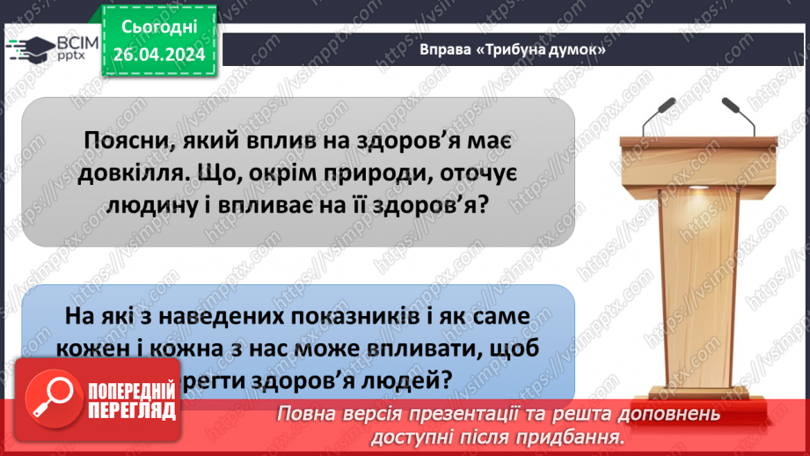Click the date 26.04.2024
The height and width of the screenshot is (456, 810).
pos(157,54)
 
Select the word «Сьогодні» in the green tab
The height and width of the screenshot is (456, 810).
pos(157,28)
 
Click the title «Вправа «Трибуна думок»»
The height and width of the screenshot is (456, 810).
pos(514,50)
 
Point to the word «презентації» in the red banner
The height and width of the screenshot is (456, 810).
pos(439,414)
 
